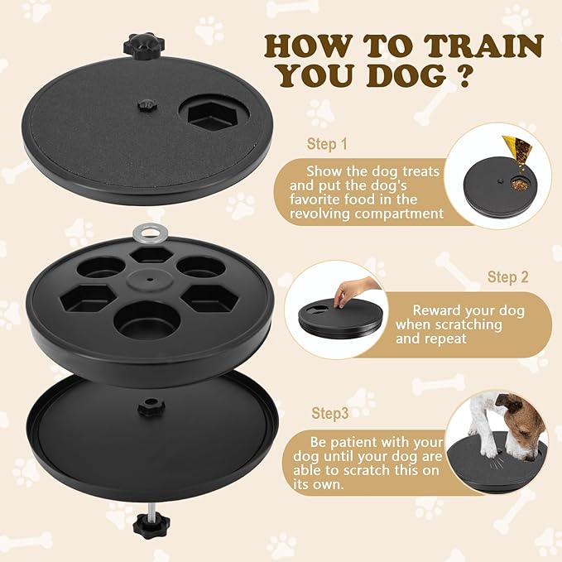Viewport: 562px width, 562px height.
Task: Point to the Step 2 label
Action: coord(508,276)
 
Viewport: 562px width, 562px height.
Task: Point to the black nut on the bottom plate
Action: coord(151,407)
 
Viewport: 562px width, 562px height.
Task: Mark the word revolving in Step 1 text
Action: coord(327,214)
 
